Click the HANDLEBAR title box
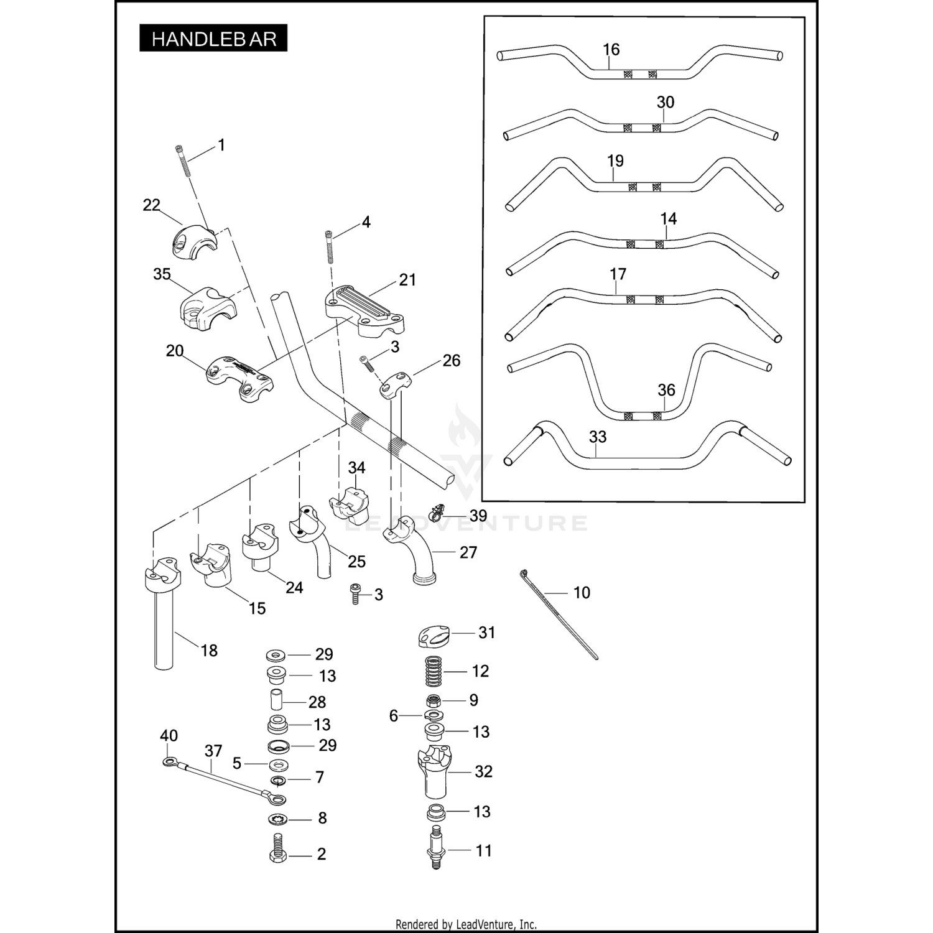(x=213, y=38)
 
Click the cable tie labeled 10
(x=558, y=614)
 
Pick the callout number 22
(x=151, y=205)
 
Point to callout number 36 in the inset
(x=666, y=390)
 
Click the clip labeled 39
(x=438, y=513)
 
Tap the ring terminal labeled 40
(x=168, y=761)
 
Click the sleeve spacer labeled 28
(x=276, y=702)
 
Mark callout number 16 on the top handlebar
(x=611, y=50)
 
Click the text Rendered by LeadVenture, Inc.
(x=466, y=924)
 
